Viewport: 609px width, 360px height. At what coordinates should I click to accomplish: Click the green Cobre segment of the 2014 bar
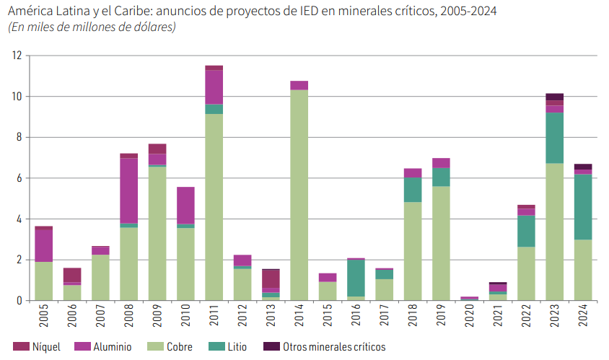(x=299, y=195)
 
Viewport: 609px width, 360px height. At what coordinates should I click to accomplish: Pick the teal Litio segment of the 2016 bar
(x=356, y=278)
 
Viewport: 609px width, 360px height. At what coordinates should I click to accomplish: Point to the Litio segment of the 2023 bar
(x=554, y=138)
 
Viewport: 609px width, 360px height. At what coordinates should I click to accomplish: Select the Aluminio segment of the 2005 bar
(x=44, y=246)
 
